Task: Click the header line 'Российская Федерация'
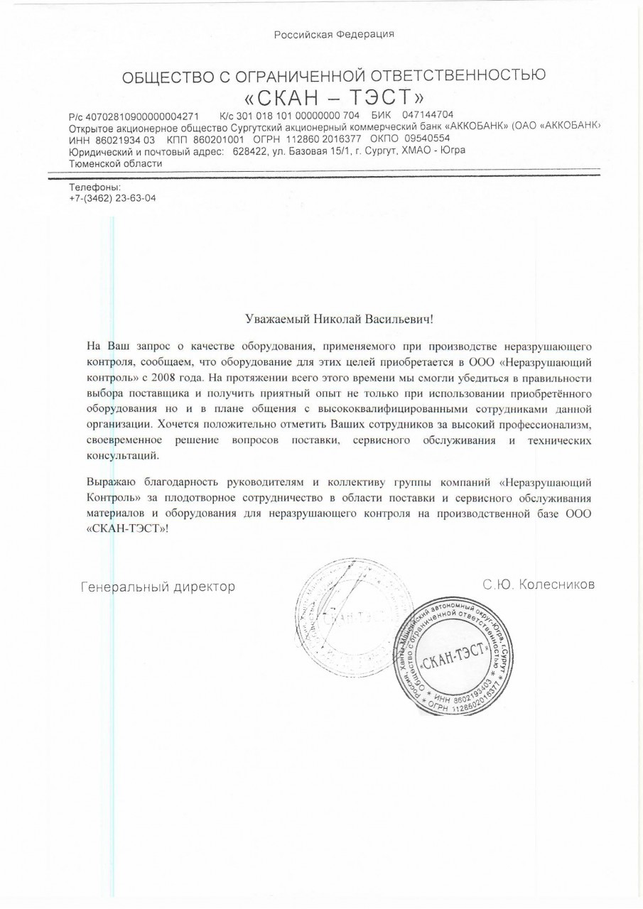(x=334, y=33)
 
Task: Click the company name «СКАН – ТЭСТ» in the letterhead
(x=334, y=95)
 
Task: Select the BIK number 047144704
(x=428, y=115)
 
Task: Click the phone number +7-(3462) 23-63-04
(x=113, y=198)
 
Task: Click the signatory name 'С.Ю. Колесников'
(x=538, y=584)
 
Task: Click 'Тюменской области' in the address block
(x=116, y=163)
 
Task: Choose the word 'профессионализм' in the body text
(x=549, y=424)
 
